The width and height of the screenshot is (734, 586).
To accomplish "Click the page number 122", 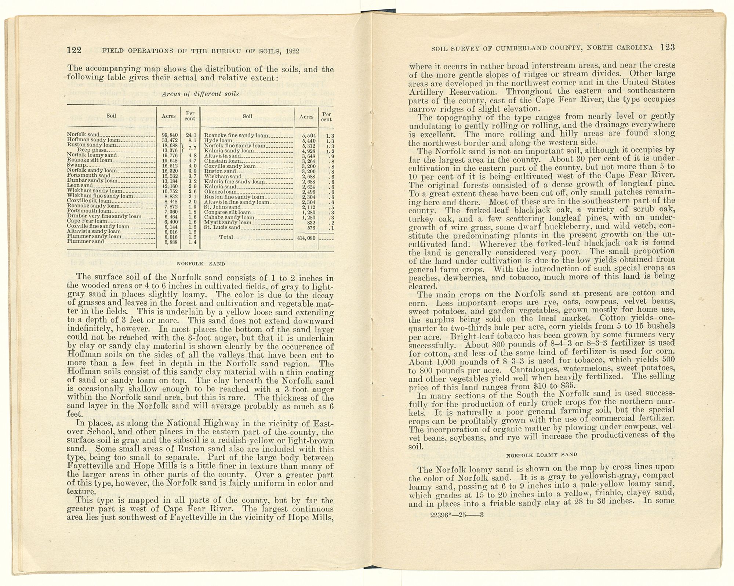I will pos(75,50).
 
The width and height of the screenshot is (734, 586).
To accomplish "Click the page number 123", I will pos(668,47).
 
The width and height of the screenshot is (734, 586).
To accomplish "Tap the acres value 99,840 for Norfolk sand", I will pos(170,135).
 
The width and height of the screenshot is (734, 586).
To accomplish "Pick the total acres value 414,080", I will pos(306,238).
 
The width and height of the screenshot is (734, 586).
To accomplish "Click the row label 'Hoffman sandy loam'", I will pos(94,140).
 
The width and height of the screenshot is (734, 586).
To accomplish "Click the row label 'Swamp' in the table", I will pos(76,166).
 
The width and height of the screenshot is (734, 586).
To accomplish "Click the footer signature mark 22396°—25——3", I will pos(457,515).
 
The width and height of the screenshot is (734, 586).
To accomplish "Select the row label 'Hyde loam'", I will pos(218,141).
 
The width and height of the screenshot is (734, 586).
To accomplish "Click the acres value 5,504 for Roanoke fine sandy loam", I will pos(309,135).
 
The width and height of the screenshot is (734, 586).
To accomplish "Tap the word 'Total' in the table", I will pos(226,237).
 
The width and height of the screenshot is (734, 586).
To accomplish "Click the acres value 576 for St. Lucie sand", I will pos(311,228).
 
